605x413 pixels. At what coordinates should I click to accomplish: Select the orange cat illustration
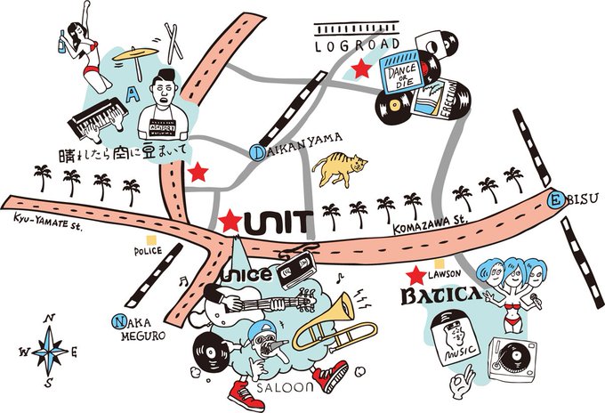point(339,168)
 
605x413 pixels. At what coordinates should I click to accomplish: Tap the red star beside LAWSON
point(415,275)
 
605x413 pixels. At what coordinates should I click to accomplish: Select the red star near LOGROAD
point(361,69)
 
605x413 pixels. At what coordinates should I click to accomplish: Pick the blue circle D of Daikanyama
point(256,152)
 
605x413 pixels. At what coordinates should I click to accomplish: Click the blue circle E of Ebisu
point(555,199)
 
